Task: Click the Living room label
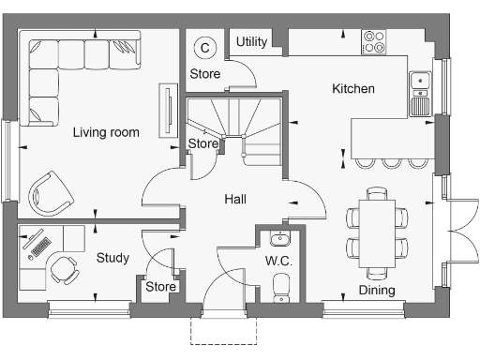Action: [x=106, y=132]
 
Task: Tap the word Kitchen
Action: [x=353, y=89]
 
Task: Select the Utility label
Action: [x=251, y=42]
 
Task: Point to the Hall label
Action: [x=235, y=199]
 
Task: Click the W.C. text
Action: [x=278, y=260]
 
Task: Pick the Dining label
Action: [x=377, y=290]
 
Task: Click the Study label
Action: [x=112, y=258]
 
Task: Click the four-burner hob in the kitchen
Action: [x=374, y=41]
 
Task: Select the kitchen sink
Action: [x=420, y=92]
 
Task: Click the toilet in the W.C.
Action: [x=279, y=294]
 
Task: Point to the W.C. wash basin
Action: [x=278, y=235]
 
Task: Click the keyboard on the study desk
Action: [x=41, y=246]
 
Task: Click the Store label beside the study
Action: [x=160, y=286]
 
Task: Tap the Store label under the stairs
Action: [x=203, y=143]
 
